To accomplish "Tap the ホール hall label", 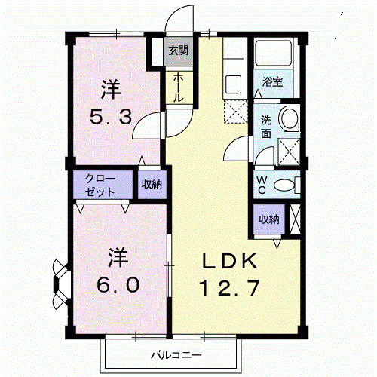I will point(178,88).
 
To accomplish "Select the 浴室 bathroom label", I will point(272,82).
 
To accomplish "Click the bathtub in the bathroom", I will point(276,54).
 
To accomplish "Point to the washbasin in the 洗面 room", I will point(289,118).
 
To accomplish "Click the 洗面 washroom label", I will point(266,126).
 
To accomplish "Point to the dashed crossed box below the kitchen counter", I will point(235,112).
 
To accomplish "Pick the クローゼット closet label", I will point(101,185).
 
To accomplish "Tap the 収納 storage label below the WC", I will point(269,219).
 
